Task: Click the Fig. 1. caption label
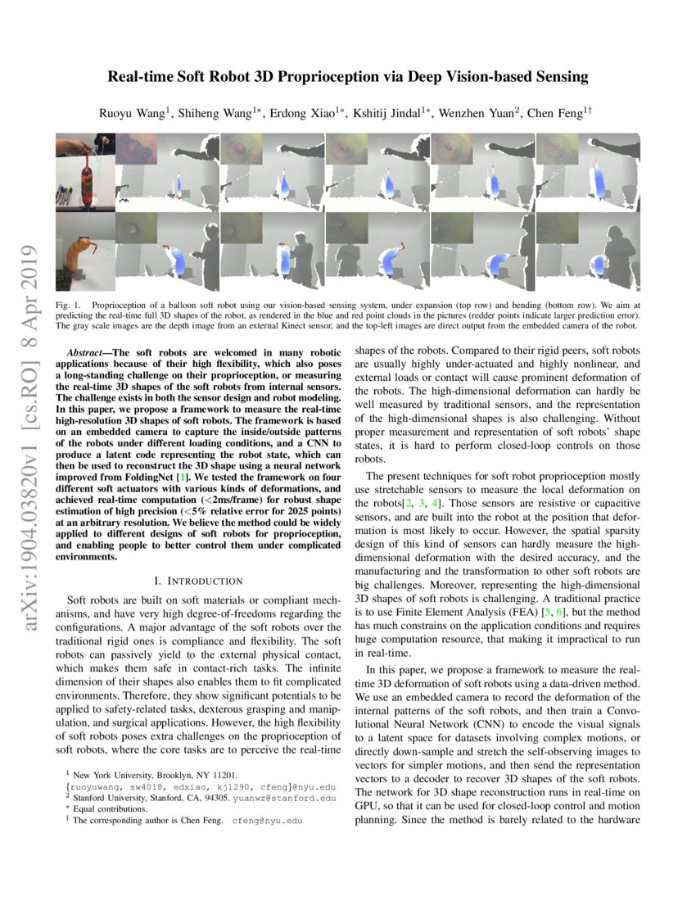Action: click(66, 304)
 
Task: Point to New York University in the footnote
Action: click(115, 774)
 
